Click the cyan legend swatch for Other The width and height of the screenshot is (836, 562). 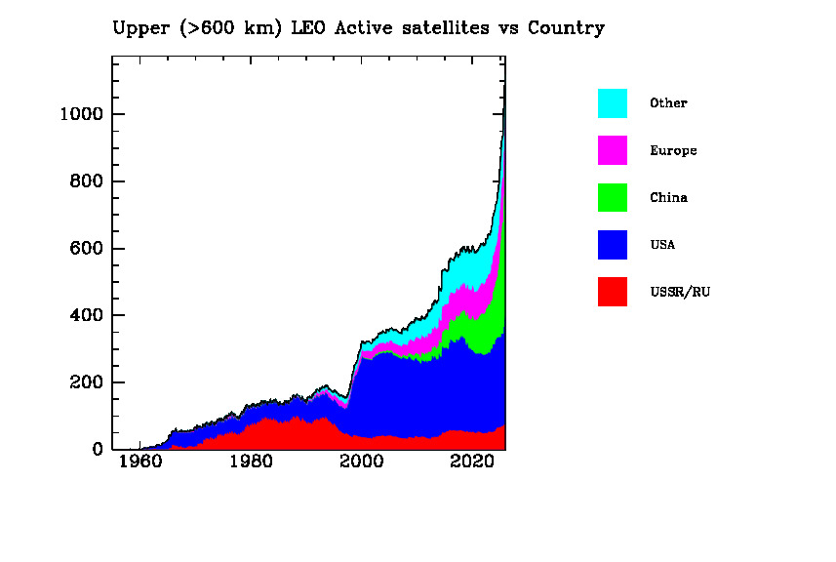613,103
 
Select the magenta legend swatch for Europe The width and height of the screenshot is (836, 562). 613,150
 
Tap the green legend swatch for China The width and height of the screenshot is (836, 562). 613,197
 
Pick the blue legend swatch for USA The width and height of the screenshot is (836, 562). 613,244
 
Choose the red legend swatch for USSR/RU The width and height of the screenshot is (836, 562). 613,291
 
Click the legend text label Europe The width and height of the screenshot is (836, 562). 673,151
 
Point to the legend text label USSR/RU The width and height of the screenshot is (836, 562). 680,292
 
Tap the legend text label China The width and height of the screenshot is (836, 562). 668,198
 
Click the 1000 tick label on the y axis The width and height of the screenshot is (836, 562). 79,115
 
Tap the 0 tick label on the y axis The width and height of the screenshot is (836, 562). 97,450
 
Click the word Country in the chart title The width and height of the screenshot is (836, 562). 566,28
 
